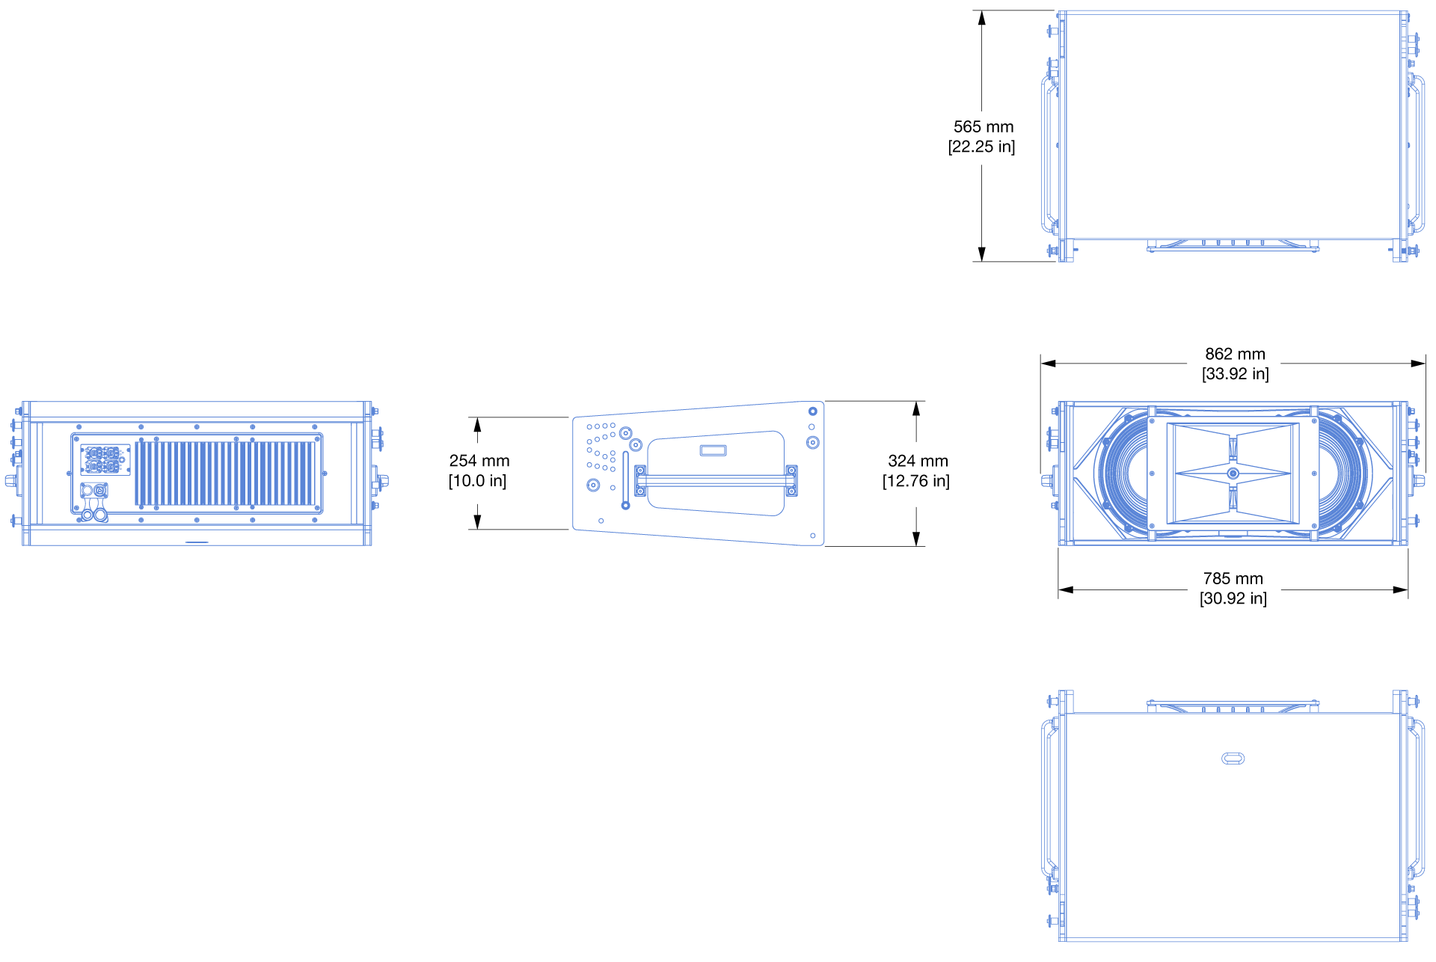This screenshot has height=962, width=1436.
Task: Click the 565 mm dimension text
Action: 983,127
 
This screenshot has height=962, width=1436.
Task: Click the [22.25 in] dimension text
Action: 981,147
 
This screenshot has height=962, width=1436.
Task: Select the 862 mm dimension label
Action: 1235,354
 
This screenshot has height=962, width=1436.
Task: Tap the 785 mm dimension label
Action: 1233,578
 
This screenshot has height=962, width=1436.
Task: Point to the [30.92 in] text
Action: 1233,598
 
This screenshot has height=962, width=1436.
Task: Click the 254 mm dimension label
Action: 479,461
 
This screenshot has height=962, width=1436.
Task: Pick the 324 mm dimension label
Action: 918,461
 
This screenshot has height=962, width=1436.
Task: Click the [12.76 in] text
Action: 915,481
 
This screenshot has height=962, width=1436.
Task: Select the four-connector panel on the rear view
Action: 105,460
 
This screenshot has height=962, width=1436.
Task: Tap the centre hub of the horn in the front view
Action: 1233,474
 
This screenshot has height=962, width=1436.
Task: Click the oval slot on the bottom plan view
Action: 1233,759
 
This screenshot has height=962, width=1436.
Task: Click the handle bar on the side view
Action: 716,480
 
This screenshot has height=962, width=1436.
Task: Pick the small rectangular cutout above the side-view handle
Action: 713,450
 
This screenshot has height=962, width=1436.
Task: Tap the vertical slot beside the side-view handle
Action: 625,479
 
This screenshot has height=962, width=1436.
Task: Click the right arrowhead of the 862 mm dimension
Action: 1419,364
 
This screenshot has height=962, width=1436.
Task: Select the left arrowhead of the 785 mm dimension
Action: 1065,589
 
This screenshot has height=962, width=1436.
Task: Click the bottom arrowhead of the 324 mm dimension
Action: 915,539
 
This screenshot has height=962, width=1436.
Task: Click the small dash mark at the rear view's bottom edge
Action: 197,542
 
